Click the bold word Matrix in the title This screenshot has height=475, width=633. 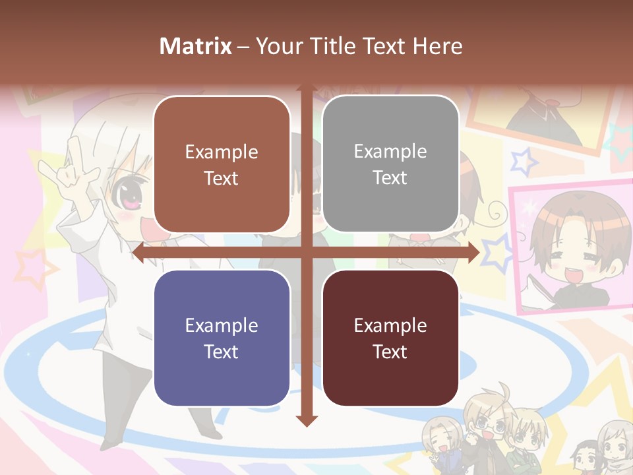coord(196,46)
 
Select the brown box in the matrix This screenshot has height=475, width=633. coord(222,164)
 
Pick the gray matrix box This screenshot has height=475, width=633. coord(390,164)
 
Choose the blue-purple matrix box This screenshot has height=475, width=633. coord(222,338)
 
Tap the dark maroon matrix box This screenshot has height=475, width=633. coord(390,338)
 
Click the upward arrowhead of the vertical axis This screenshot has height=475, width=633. coord(306,89)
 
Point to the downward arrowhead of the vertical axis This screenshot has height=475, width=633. coord(306,420)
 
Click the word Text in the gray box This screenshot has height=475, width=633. coord(390,178)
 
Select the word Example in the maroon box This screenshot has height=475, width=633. coord(390,325)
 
